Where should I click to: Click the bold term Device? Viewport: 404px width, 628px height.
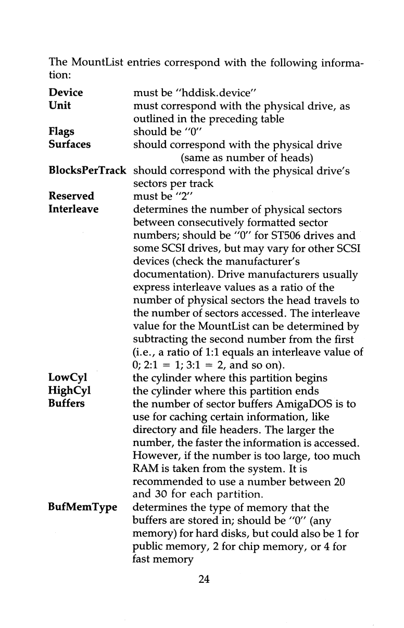(x=66, y=93)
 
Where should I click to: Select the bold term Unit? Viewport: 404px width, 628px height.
(x=59, y=106)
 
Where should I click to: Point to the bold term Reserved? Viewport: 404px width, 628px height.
(x=71, y=197)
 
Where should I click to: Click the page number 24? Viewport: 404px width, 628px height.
(x=204, y=580)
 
